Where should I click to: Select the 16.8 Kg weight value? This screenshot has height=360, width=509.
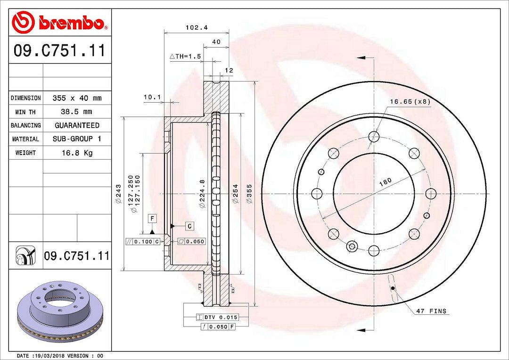tap(77, 153)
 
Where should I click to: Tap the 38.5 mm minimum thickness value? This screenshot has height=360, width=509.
tap(77, 112)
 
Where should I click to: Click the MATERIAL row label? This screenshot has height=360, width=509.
tap(25, 139)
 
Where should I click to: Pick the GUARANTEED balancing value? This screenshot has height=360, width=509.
tap(77, 125)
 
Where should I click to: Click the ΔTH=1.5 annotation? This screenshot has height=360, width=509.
tap(185, 57)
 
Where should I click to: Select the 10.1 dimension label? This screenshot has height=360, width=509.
tap(152, 97)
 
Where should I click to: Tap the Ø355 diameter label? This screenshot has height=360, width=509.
tap(249, 194)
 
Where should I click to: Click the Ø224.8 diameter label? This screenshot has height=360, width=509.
tap(202, 194)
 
